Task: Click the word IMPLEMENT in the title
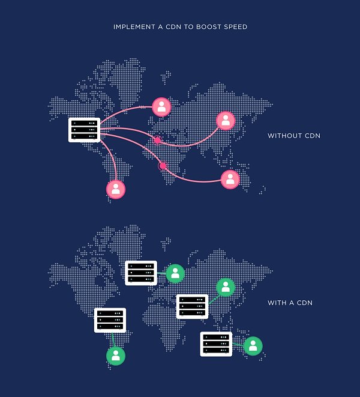tap(132, 27)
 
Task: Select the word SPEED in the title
tap(235, 27)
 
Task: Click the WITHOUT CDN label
tap(294, 136)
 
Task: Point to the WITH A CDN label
tap(290, 303)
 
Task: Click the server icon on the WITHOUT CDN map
tap(83, 129)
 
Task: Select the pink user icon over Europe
tap(161, 107)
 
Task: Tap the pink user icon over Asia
tap(225, 121)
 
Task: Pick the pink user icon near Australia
tap(230, 179)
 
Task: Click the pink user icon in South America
tap(116, 189)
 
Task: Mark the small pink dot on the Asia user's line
tap(158, 140)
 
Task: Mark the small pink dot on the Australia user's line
tap(162, 165)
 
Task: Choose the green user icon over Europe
tap(175, 273)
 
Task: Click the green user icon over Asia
tap(225, 287)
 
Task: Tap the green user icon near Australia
tap(253, 345)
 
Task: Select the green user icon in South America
tap(116, 356)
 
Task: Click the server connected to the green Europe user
tap(141, 273)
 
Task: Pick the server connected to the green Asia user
tap(192, 306)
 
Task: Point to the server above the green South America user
tap(110, 320)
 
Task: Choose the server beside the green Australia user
tap(216, 344)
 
